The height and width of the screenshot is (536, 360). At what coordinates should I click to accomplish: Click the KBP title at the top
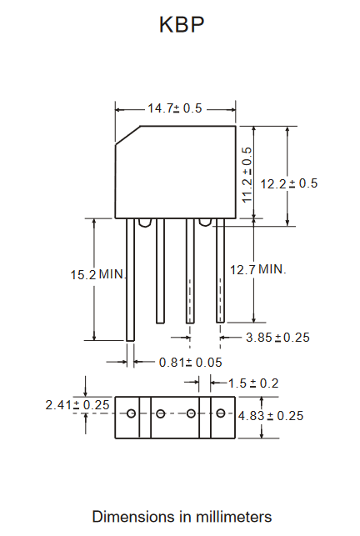point(182,24)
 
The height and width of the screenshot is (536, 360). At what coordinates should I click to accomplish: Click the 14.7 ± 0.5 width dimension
point(175,108)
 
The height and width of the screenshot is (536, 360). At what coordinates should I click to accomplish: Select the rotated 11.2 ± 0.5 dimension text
point(247,175)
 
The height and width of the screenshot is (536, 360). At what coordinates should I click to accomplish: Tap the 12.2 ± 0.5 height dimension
point(289,183)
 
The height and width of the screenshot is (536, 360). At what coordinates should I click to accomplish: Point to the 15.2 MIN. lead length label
point(98,274)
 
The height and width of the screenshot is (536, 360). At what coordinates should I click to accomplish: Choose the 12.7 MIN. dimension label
point(257,270)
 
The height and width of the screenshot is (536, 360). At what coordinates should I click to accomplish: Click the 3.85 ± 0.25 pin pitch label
point(277,338)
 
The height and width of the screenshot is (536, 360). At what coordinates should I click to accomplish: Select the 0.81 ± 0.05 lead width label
point(191,363)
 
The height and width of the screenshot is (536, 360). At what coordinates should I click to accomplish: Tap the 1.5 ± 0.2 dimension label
point(253,383)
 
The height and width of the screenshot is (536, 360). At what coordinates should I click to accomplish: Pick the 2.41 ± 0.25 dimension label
point(77,405)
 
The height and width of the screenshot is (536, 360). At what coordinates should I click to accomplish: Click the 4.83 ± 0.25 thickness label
point(271,416)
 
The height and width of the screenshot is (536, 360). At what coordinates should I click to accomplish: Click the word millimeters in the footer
point(234,517)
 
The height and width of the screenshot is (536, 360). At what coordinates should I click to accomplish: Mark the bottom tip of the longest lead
point(130,341)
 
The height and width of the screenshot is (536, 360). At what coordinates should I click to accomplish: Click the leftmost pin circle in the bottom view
point(132,413)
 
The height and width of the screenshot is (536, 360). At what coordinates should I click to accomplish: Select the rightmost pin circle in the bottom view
point(221,413)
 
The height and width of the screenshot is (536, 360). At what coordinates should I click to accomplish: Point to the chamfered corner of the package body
point(127,135)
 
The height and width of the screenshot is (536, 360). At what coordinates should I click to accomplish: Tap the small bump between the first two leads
point(145,223)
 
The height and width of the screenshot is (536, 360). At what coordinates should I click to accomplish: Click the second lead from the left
point(160,271)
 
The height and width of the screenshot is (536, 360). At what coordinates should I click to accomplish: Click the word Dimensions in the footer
point(134,517)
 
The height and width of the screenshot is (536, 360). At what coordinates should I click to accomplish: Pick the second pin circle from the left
point(161,413)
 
